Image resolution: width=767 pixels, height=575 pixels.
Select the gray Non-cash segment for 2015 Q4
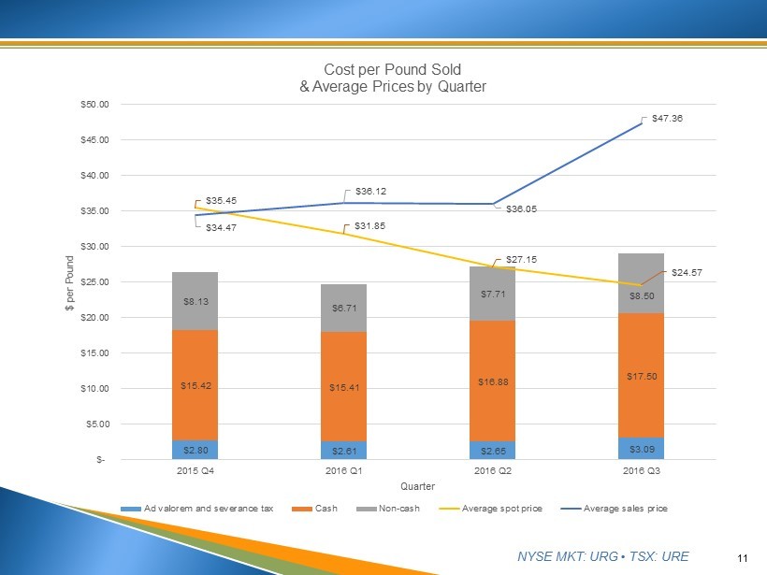click(x=195, y=301)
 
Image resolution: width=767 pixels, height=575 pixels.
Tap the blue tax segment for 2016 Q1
click(x=343, y=450)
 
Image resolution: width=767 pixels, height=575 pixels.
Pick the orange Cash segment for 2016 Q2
click(x=492, y=381)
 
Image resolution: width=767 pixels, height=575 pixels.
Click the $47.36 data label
click(x=667, y=119)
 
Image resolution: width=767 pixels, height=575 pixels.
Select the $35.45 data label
click(x=220, y=200)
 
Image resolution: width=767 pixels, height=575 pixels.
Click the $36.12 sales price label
click(x=371, y=191)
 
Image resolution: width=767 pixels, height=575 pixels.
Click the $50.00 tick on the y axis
click(x=94, y=104)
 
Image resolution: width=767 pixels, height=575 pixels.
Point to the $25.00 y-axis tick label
click(x=94, y=281)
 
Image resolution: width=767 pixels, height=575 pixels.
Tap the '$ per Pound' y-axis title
click(x=70, y=281)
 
